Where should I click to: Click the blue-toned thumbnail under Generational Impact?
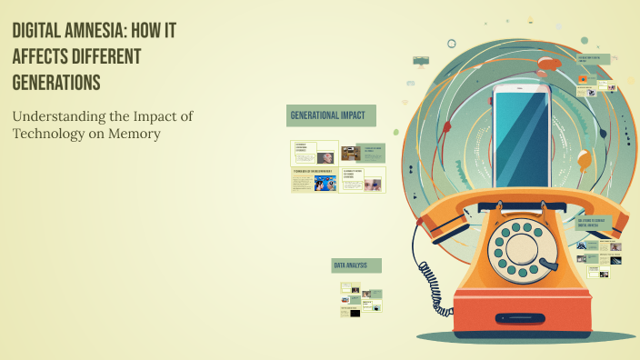[x=325, y=184]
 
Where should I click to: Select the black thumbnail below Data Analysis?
[x=355, y=313]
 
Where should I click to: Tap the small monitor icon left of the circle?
[x=420, y=61]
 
